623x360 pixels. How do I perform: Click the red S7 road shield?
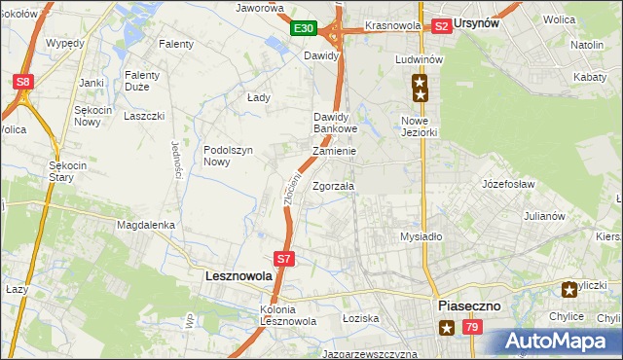click(x=283, y=259)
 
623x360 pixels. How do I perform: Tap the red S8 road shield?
click(x=23, y=83)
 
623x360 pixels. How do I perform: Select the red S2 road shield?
click(x=441, y=26)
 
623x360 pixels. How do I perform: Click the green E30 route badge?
click(x=303, y=29)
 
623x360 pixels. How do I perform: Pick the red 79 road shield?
click(x=471, y=329)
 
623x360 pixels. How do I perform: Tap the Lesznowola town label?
click(x=239, y=276)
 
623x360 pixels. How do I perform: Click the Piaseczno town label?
click(x=468, y=306)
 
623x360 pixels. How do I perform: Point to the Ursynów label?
click(x=484, y=25)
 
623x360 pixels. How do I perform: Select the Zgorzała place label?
click(x=333, y=186)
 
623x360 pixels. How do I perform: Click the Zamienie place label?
click(x=334, y=152)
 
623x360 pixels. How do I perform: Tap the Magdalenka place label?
click(x=145, y=225)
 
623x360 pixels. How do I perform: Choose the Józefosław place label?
click(x=509, y=183)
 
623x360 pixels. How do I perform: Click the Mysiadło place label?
click(x=421, y=236)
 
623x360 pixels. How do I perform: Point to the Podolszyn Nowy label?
click(x=230, y=156)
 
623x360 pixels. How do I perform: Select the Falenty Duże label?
click(x=147, y=81)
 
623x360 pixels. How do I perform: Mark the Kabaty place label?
click(x=594, y=76)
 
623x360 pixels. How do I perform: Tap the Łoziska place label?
click(x=359, y=318)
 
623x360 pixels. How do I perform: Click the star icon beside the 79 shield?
click(x=446, y=329)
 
